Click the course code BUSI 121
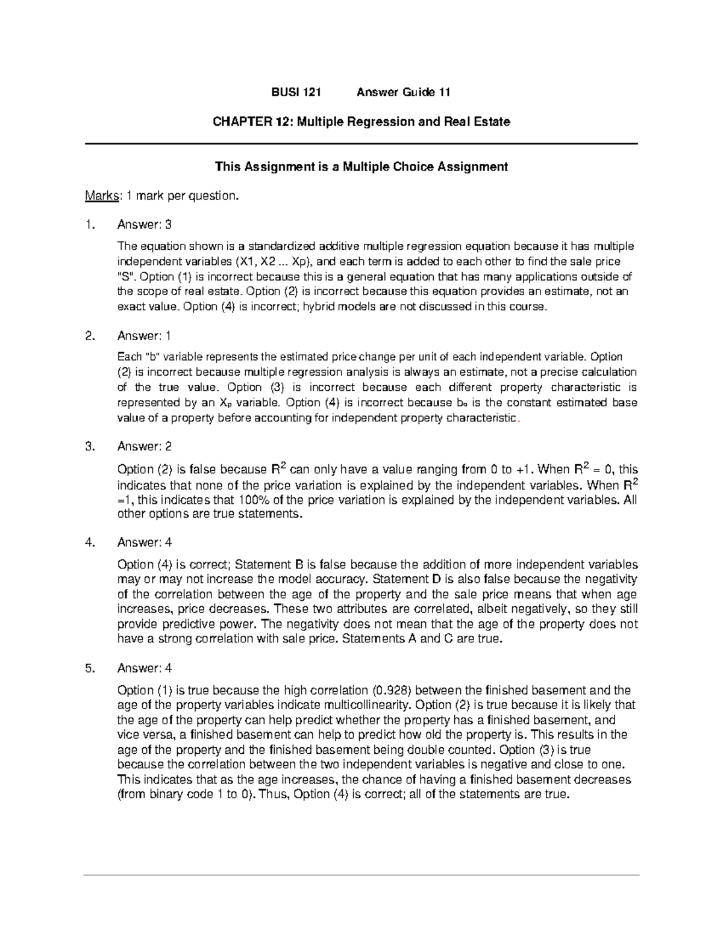[x=296, y=92]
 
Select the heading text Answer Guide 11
[x=403, y=92]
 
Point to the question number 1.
[x=90, y=225]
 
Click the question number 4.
[x=90, y=542]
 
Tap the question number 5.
[x=90, y=668]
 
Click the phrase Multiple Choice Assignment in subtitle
[x=425, y=167]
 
